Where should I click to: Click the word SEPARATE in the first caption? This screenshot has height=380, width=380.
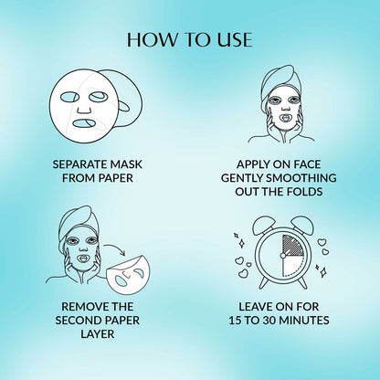pyautogui.click(x=79, y=164)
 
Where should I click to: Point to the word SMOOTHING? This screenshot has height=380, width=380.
pyautogui.click(x=305, y=178)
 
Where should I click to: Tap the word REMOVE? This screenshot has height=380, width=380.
pyautogui.click(x=80, y=307)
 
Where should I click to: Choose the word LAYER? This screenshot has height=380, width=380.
pyautogui.click(x=98, y=334)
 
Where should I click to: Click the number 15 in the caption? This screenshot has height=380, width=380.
pyautogui.click(x=235, y=321)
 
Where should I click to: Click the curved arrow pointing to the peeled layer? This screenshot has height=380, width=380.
pyautogui.click(x=115, y=248)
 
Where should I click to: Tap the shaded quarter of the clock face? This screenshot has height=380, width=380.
pyautogui.click(x=293, y=245)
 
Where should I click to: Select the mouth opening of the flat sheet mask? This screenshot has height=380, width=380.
pyautogui.click(x=84, y=123)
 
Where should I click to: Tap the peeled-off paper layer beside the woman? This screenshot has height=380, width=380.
pyautogui.click(x=129, y=275)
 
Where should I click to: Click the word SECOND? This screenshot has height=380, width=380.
pyautogui.click(x=74, y=321)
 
